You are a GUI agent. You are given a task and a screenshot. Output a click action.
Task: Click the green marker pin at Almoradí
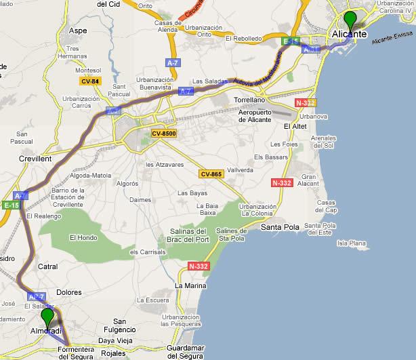tap(47, 317)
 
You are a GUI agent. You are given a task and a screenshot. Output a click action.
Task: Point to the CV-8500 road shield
tap(164, 134)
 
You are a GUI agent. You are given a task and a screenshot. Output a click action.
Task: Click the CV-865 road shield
tap(211, 174)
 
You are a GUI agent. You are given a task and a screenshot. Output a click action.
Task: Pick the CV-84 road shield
tap(89, 81)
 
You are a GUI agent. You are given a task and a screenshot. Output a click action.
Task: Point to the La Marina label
tap(190, 285)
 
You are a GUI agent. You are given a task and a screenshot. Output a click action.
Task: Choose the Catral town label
tap(48, 266)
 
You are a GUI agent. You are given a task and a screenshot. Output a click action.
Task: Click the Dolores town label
tap(68, 293)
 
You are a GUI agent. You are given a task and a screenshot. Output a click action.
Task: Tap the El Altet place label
tap(295, 126)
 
